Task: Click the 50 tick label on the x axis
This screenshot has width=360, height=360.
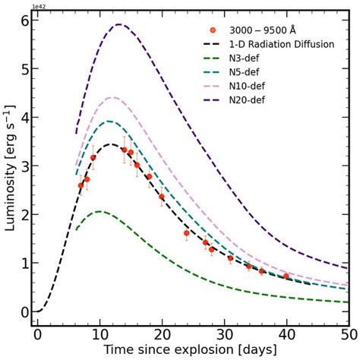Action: click(x=348, y=335)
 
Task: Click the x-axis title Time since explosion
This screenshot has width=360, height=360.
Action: click(x=191, y=350)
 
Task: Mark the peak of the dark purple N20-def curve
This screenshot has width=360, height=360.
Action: click(x=118, y=24)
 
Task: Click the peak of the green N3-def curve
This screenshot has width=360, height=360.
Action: click(x=99, y=212)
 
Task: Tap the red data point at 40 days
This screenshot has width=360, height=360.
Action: click(x=286, y=276)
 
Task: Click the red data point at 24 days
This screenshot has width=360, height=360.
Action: click(x=186, y=233)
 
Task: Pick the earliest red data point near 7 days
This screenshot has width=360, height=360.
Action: click(x=81, y=185)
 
